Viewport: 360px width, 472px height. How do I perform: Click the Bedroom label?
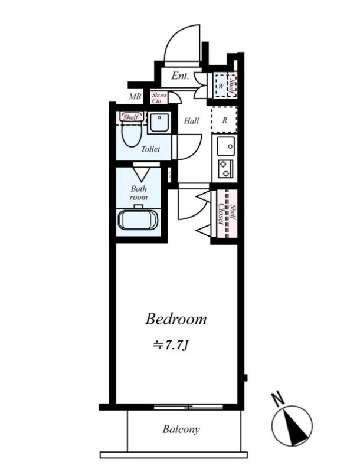pyautogui.click(x=176, y=319)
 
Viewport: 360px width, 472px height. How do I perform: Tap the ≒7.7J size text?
pyautogui.click(x=171, y=346)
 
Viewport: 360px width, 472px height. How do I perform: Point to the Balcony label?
pyautogui.click(x=181, y=429)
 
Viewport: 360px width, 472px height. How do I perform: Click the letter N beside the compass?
pyautogui.click(x=279, y=399)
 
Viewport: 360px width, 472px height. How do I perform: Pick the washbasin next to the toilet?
pyautogui.click(x=159, y=123)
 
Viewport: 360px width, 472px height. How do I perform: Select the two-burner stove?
pyautogui.click(x=225, y=169)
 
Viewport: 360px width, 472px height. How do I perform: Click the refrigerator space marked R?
pyautogui.click(x=224, y=120)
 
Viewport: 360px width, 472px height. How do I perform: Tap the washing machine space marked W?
pyautogui.click(x=221, y=86)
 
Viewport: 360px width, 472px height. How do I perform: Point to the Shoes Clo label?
pyautogui.click(x=159, y=98)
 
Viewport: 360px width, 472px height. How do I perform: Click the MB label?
pyautogui.click(x=135, y=97)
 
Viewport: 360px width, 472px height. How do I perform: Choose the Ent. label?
pyautogui.click(x=181, y=76)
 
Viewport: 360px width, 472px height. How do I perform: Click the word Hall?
pyautogui.click(x=191, y=121)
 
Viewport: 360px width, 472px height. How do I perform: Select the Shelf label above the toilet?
pyautogui.click(x=130, y=117)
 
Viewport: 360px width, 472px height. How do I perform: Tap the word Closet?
pyautogui.click(x=221, y=214)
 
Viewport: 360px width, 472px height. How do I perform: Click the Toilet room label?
pyautogui.click(x=150, y=149)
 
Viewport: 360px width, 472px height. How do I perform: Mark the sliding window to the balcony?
pyautogui.click(x=189, y=407)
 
